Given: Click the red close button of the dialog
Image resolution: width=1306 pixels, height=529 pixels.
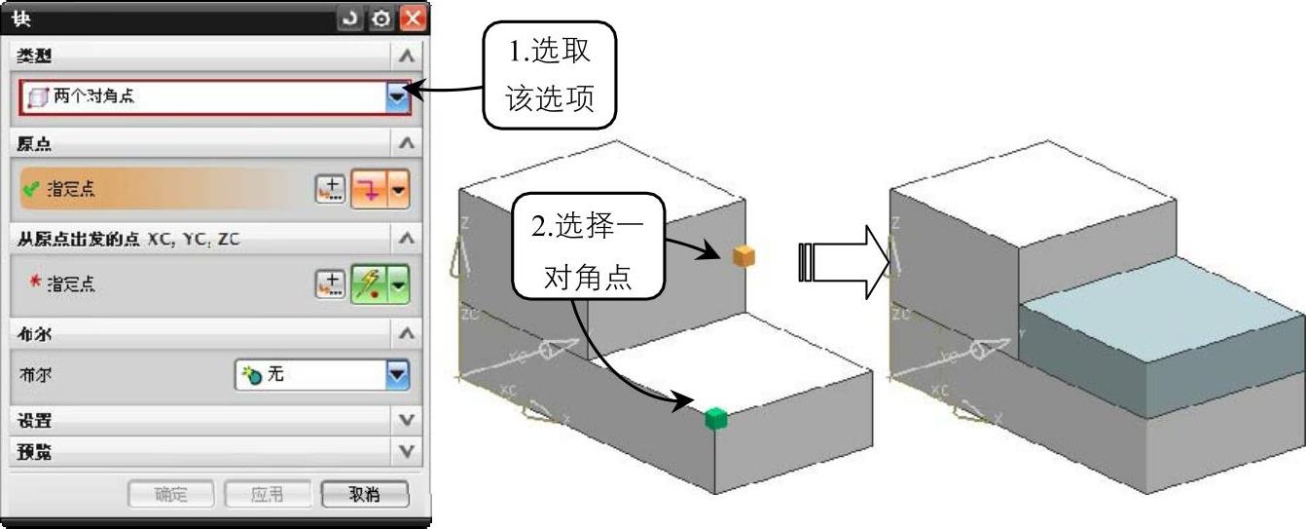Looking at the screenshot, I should [x=414, y=18].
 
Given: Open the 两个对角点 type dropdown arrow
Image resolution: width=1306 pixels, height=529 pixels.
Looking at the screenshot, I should [x=397, y=96].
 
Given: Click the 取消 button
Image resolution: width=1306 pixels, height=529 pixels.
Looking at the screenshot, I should [x=365, y=494].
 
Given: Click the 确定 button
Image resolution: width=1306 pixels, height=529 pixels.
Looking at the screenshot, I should [x=171, y=494].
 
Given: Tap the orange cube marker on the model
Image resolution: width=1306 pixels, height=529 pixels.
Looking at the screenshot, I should [x=744, y=256].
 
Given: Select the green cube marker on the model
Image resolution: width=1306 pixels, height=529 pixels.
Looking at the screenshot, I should [x=716, y=418].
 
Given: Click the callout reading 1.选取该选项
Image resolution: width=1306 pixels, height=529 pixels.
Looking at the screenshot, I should [x=550, y=75].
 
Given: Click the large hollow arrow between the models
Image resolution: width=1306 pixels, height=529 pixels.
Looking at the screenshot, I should [x=843, y=263].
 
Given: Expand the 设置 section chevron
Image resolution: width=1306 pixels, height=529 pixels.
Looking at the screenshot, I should [x=408, y=421].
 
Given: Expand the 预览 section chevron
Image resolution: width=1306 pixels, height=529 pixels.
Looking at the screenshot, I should [x=408, y=452].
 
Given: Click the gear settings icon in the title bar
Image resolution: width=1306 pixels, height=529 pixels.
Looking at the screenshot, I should [x=381, y=18].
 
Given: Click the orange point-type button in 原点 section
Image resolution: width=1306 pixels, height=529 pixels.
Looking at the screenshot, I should [x=371, y=190].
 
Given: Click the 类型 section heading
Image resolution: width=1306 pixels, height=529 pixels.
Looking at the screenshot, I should [x=35, y=57].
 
